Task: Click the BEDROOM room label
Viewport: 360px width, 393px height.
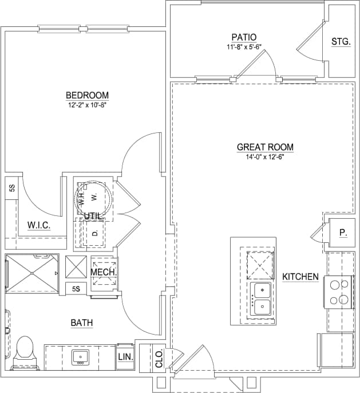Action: pos(87,95)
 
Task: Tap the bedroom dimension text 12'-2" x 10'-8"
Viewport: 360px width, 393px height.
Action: pos(87,105)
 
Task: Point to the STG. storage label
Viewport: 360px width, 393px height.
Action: pos(341,42)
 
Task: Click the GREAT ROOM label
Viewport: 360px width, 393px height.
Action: pos(265,147)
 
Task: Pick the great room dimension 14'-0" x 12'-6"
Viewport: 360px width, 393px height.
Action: pos(265,157)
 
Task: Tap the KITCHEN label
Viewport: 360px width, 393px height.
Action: pos(300,277)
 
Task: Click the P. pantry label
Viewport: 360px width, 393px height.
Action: pos(342,233)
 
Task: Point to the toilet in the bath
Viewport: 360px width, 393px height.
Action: pos(24,349)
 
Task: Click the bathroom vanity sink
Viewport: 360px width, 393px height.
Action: pos(81,357)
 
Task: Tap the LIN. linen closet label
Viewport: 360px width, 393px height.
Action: pos(125,357)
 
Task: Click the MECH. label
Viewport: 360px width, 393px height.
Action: pos(104,272)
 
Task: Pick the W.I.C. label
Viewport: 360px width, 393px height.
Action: pos(39,226)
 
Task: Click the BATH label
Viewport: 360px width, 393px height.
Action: pos(81,323)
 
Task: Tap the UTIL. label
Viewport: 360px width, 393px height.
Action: pos(93,216)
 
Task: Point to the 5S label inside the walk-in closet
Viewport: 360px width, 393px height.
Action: pos(11,188)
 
